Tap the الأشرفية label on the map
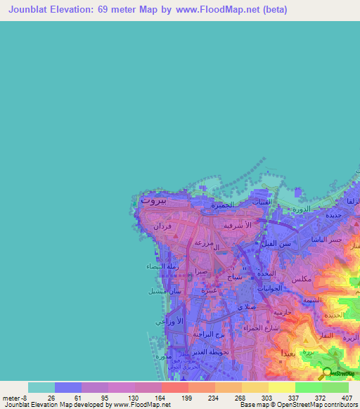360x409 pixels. point(237,227)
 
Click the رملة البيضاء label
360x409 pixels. point(161,267)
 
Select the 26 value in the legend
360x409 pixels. point(51,398)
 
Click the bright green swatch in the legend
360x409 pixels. point(308,387)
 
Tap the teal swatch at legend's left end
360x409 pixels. point(41,387)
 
